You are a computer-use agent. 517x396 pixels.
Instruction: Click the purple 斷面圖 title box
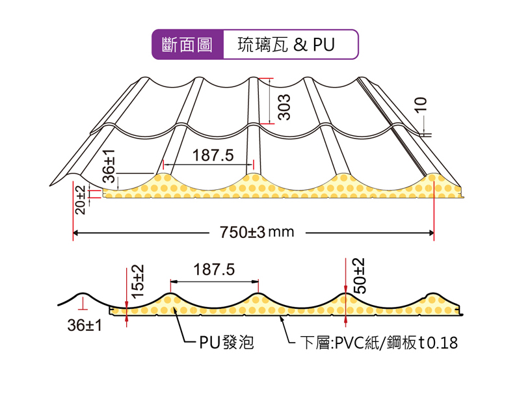click(188, 45)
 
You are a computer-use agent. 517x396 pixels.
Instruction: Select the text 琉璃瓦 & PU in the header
click(285, 45)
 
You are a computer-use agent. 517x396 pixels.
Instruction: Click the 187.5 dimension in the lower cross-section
click(214, 270)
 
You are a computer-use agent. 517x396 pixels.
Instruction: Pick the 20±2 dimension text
click(79, 199)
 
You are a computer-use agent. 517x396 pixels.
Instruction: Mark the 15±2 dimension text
click(137, 281)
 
